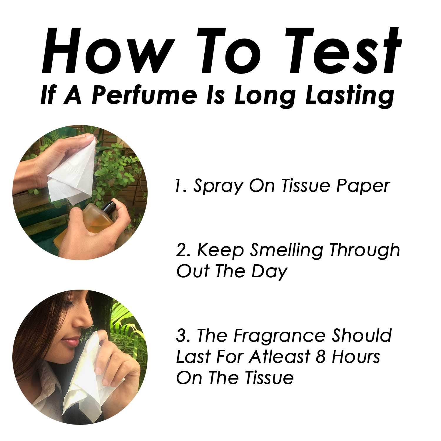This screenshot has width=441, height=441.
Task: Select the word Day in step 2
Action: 269,272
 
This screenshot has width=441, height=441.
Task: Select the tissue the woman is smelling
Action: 84,379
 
